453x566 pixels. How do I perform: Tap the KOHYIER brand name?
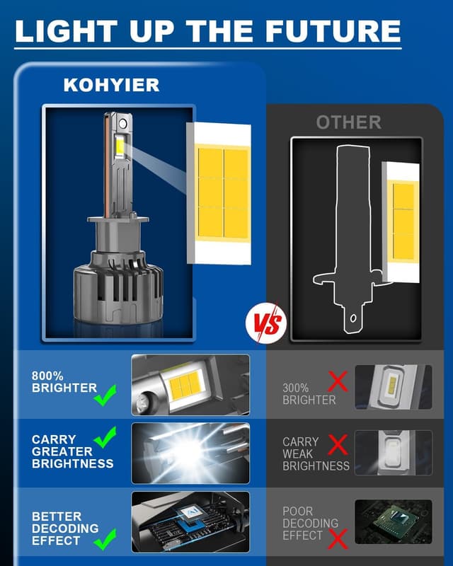[x=111, y=85]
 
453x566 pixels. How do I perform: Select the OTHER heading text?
[x=348, y=122]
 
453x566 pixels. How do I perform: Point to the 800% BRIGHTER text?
[x=64, y=382]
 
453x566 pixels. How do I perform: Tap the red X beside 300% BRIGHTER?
[x=338, y=383]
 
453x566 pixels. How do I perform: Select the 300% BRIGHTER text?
[x=309, y=394]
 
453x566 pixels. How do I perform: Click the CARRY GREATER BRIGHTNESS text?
[x=72, y=451]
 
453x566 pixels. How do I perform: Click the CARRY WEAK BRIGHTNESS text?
[x=316, y=454]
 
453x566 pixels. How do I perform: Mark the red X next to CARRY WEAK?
[x=338, y=444]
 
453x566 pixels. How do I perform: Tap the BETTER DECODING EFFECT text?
[x=65, y=529]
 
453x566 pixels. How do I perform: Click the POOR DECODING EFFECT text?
[x=310, y=523]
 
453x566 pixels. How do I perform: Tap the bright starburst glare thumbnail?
[x=190, y=453]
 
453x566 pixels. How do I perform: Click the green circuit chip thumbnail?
[x=393, y=521]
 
